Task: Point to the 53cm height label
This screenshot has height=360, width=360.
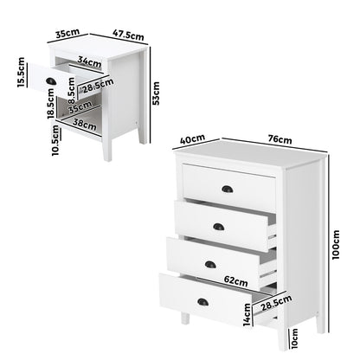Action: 156,90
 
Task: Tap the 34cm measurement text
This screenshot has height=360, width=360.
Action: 85,61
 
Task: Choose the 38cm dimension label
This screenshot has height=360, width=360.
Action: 83,124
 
